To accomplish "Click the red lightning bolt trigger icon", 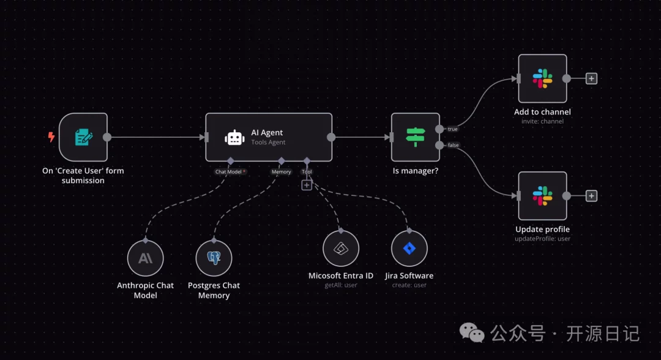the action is pyautogui.click(x=51, y=137).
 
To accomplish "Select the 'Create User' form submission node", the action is pyautogui.click(x=83, y=137).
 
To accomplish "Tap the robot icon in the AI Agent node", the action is pyautogui.click(x=234, y=137).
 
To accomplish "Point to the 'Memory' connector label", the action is pyautogui.click(x=281, y=171).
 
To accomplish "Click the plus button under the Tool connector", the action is pyautogui.click(x=307, y=185).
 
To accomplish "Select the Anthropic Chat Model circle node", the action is pyautogui.click(x=146, y=258).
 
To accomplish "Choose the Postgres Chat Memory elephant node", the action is pyautogui.click(x=214, y=258).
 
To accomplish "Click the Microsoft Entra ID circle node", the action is pyautogui.click(x=341, y=249).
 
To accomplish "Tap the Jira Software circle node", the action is pyautogui.click(x=409, y=249).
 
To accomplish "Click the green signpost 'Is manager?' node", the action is pyautogui.click(x=416, y=137).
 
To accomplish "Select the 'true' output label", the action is pyautogui.click(x=453, y=129).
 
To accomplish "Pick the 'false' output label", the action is pyautogui.click(x=453, y=145).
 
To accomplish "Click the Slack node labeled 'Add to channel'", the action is pyautogui.click(x=542, y=78).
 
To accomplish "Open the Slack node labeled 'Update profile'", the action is pyautogui.click(x=542, y=196).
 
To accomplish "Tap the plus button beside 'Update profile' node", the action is pyautogui.click(x=591, y=196).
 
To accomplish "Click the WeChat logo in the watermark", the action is pyautogui.click(x=472, y=332).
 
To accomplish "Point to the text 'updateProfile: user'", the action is pyautogui.click(x=542, y=239).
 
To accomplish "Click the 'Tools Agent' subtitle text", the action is pyautogui.click(x=268, y=142).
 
